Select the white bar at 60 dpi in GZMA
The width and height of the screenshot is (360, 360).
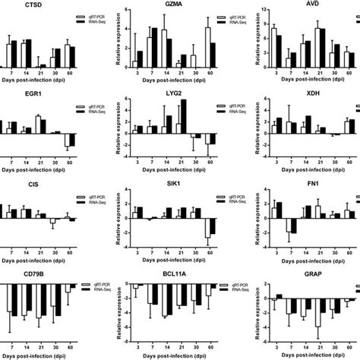(207, 49)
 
